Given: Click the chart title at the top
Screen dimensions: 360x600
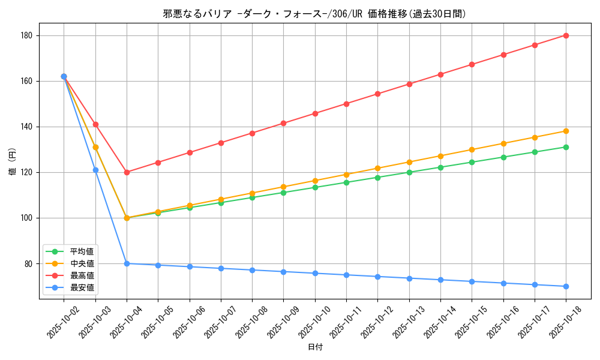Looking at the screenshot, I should (314, 14).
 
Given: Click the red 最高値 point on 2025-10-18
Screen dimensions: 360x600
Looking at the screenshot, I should (566, 35).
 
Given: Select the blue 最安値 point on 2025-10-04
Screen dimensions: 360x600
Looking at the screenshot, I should (127, 263).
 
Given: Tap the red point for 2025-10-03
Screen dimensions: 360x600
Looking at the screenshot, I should (95, 124).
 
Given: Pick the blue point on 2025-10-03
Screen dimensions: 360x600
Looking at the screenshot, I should (95, 170).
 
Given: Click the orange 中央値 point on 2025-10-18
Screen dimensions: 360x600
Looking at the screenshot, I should (566, 131).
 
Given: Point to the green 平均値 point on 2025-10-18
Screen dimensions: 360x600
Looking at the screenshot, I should (566, 147).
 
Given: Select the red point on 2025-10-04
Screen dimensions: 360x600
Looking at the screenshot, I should (127, 172).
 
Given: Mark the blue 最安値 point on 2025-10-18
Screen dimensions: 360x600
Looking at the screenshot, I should (566, 286).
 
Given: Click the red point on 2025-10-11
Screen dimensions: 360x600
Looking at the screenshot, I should (346, 104).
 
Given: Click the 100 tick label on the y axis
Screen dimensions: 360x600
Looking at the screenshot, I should (29, 218).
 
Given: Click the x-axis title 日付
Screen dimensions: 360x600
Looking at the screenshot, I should (315, 347).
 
